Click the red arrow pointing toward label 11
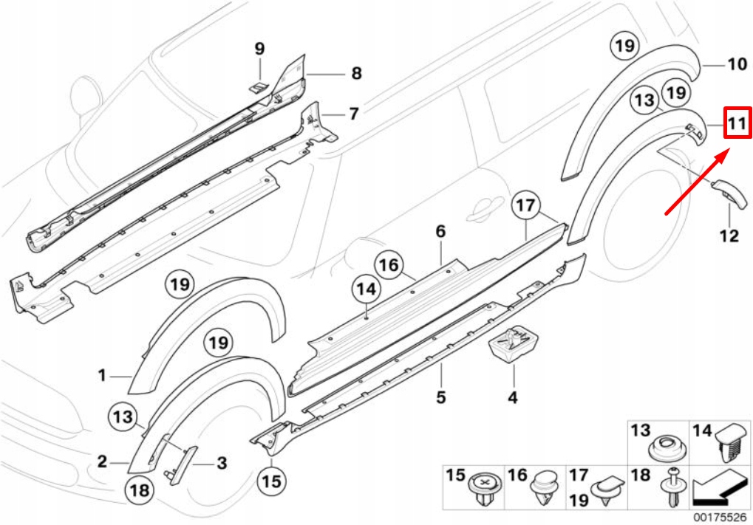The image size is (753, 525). tap(697, 182)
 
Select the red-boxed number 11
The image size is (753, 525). tap(736, 123)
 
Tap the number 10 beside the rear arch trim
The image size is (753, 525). tap(737, 65)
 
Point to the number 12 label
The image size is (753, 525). tap(729, 236)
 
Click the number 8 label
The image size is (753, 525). tap(356, 74)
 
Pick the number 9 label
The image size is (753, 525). tap(259, 49)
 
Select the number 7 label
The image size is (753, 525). tap(353, 114)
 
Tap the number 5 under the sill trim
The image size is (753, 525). tap(440, 397)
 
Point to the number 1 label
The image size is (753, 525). tap(102, 377)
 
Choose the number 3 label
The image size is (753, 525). tap(221, 464)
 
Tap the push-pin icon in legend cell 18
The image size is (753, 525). tap(673, 488)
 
